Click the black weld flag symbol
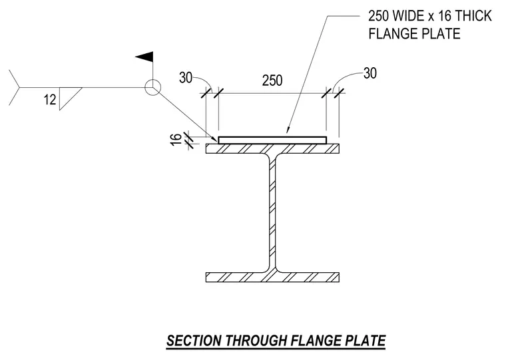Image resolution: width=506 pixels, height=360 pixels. coord(145,57)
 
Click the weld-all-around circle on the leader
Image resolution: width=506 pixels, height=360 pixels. coord(152,80)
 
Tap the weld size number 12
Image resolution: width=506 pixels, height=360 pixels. coord(50,100)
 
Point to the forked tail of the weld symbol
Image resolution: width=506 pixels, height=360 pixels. coord(15,87)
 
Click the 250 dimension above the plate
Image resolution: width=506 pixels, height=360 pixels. coord(272,81)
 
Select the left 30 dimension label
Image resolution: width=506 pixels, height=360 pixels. coord(186,78)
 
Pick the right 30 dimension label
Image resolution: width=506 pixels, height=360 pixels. coord(370,74)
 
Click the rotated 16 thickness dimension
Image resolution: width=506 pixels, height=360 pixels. coord(176,140)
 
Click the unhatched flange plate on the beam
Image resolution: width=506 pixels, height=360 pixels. coord(272,140)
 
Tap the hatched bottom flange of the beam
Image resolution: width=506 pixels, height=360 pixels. coord(272,277)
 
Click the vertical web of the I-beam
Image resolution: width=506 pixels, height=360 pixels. coord(272,213)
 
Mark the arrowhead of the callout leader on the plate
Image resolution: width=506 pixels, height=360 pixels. coord(287,130)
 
